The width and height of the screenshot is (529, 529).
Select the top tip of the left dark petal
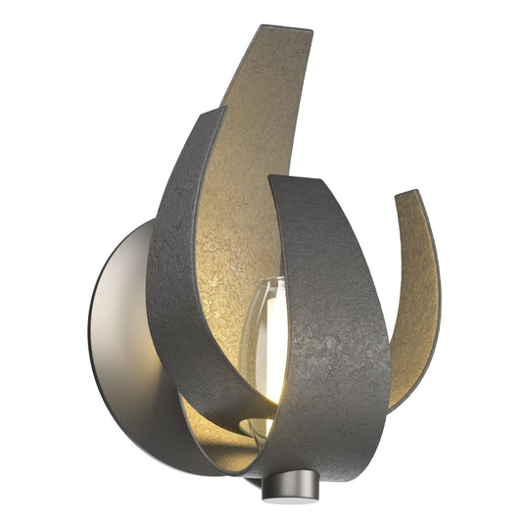tap(217, 109)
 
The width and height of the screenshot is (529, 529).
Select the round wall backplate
tap(127, 343)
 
